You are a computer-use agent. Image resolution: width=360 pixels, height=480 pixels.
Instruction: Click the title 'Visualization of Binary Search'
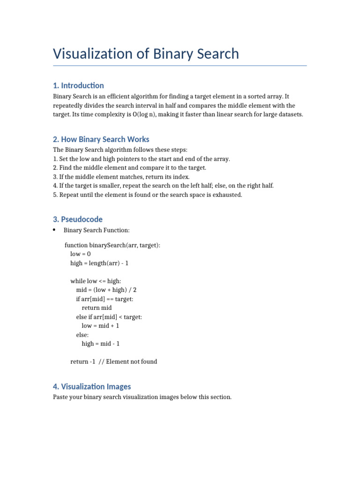146,53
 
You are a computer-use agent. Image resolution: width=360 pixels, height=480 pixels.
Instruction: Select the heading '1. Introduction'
78,85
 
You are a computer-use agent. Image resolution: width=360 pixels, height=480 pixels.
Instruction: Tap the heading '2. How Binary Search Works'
101,139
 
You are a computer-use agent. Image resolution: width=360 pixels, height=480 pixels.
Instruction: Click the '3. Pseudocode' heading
78,219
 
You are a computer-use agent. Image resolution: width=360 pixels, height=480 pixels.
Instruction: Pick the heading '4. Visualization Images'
92,387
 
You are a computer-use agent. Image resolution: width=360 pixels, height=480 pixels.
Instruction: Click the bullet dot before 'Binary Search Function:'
54,230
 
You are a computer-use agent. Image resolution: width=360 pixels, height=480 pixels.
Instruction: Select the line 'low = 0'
80,254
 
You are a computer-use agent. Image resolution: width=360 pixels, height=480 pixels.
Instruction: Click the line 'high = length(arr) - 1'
99,263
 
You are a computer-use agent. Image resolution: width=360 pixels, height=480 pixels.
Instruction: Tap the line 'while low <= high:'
96,281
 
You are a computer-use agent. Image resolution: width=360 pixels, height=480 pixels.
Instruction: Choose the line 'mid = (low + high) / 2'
106,290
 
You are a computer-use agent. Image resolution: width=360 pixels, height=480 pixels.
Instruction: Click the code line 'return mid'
97,308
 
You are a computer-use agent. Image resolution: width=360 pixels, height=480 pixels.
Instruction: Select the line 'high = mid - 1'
101,344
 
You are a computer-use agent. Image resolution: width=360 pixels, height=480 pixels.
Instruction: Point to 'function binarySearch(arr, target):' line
112,245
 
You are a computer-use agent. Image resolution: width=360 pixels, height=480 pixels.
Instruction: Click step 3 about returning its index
121,177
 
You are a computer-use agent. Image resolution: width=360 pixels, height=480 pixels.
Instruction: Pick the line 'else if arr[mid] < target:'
109,317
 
